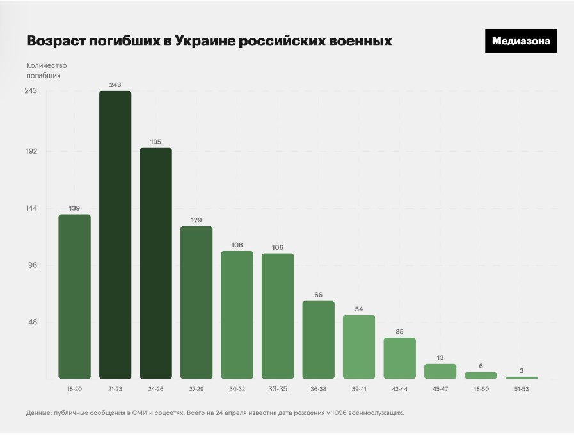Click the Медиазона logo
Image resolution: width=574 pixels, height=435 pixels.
click(521, 41)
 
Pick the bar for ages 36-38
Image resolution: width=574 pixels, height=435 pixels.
click(319, 340)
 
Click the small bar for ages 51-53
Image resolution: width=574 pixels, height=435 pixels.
click(522, 377)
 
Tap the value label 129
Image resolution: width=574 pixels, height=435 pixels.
click(196, 220)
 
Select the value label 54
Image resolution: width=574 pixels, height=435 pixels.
click(359, 309)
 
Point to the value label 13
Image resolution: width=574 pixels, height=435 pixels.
click(440, 357)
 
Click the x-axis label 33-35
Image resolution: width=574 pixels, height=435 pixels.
click(278, 389)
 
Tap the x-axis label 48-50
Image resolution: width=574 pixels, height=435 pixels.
click(481, 389)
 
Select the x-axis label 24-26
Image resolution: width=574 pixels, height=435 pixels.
click(155, 389)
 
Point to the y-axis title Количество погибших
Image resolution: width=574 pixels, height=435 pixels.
click(46, 70)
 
